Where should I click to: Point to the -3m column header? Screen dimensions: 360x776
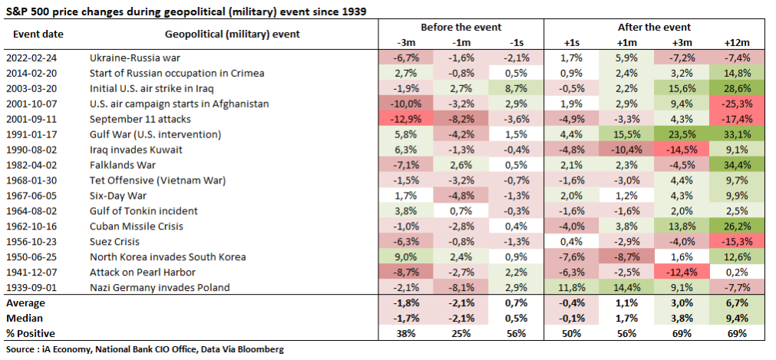pos(405,41)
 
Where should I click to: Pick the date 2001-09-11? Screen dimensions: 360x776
pos(31,119)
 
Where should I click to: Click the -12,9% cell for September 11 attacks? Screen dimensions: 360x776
pos(405,119)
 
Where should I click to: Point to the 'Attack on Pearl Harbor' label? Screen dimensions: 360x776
pos(144,272)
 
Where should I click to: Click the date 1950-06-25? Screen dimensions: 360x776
pos(31,257)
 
